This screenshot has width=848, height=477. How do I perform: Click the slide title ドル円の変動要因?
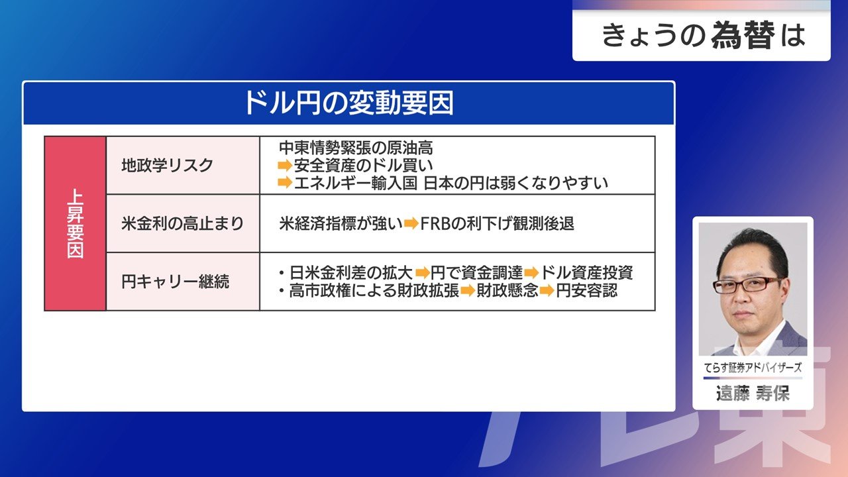pos(348,103)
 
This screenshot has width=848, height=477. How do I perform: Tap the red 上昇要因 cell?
pos(76,223)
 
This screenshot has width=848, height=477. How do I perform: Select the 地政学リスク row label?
pos(168,166)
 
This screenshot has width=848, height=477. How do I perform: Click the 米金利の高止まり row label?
pos(182,223)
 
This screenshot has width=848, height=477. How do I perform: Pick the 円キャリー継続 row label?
pos(176,282)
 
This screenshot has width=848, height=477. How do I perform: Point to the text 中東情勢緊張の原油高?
pos(356,148)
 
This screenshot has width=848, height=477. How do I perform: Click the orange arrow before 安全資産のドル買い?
pos(285,166)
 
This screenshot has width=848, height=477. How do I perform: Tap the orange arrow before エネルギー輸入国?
pos(285,183)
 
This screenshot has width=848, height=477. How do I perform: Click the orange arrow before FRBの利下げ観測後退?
pos(411,224)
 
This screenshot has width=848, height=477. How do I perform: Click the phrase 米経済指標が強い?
pos(341,224)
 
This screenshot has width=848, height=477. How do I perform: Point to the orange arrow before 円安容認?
pos(547,291)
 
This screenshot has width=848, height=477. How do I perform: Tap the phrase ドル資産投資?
pos(586,272)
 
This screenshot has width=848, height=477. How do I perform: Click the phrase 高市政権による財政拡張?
pos(374,291)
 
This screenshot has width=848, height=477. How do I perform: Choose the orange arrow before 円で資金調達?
pos(423,272)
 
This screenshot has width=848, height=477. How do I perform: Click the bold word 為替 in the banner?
pos(743,35)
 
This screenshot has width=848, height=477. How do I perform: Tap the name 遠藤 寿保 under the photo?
pos(753,394)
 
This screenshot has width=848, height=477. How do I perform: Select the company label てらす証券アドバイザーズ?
pos(753,367)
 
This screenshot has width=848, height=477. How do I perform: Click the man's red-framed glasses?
pos(745,285)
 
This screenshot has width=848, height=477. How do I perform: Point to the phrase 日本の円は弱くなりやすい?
pos(515,184)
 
